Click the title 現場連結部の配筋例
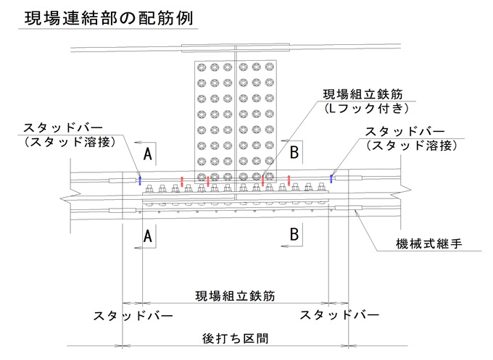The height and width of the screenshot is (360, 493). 109,18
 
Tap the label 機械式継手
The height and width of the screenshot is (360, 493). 429,243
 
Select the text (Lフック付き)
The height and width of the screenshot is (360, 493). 367,109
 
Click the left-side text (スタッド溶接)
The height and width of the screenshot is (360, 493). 70,142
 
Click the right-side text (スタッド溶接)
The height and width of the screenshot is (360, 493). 412,146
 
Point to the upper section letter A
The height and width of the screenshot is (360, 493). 148,154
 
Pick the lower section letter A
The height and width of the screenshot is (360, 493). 148,235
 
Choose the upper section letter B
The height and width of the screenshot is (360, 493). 294,152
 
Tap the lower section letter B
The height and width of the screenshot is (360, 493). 294,234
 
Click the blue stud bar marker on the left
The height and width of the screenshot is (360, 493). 140,180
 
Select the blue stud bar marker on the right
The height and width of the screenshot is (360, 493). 331,178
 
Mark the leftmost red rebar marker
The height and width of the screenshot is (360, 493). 182,182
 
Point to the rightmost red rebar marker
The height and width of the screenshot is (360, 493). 289,180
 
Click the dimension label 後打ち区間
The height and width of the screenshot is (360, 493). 235,338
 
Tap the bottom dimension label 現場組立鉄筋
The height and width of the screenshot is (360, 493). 235,296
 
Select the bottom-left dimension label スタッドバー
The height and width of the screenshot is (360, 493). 133,315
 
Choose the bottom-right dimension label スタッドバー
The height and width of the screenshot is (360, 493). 339,314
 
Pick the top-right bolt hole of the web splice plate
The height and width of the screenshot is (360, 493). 270,67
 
